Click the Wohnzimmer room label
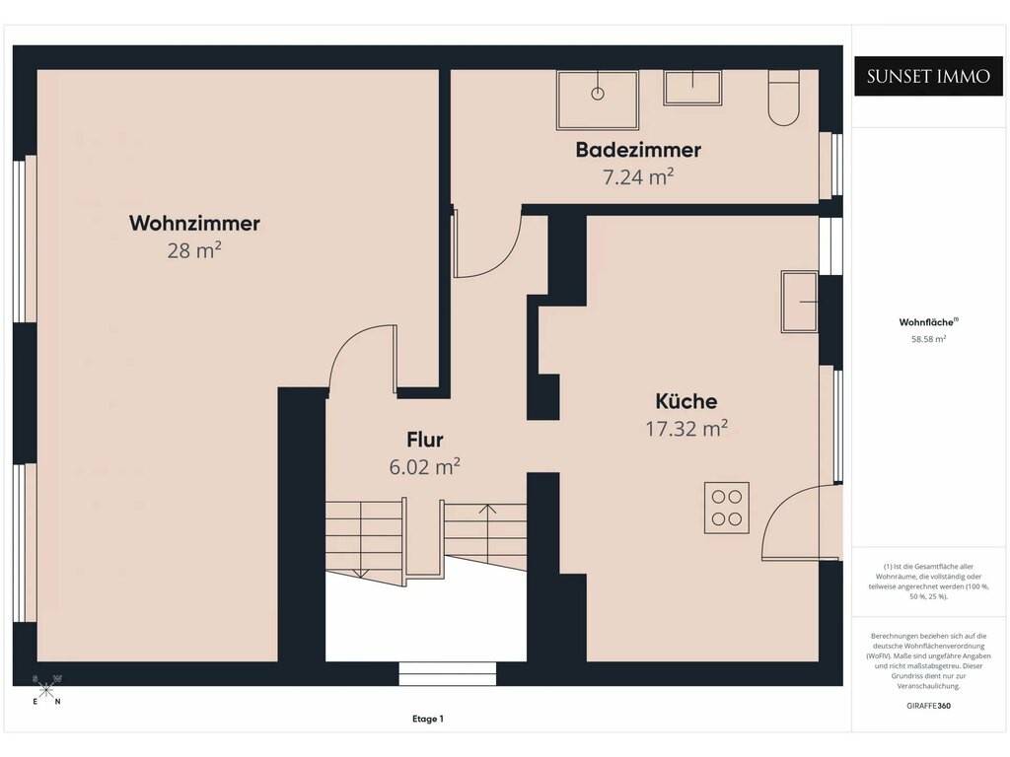click(x=194, y=224)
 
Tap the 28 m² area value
click(x=194, y=249)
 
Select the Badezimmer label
click(x=638, y=150)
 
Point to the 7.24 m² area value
click(x=638, y=176)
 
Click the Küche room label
click(x=686, y=401)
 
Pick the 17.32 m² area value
click(x=686, y=428)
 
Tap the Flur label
click(x=424, y=440)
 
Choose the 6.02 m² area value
click(x=424, y=466)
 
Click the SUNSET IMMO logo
click(x=928, y=77)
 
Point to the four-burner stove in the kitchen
click(x=727, y=508)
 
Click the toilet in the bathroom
click(x=783, y=98)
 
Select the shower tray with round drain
click(x=598, y=100)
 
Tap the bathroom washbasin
click(x=692, y=87)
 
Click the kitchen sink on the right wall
click(x=799, y=302)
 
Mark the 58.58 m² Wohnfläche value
click(x=928, y=339)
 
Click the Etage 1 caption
click(x=428, y=719)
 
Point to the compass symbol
click(x=45, y=690)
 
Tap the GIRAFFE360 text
click(x=928, y=706)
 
